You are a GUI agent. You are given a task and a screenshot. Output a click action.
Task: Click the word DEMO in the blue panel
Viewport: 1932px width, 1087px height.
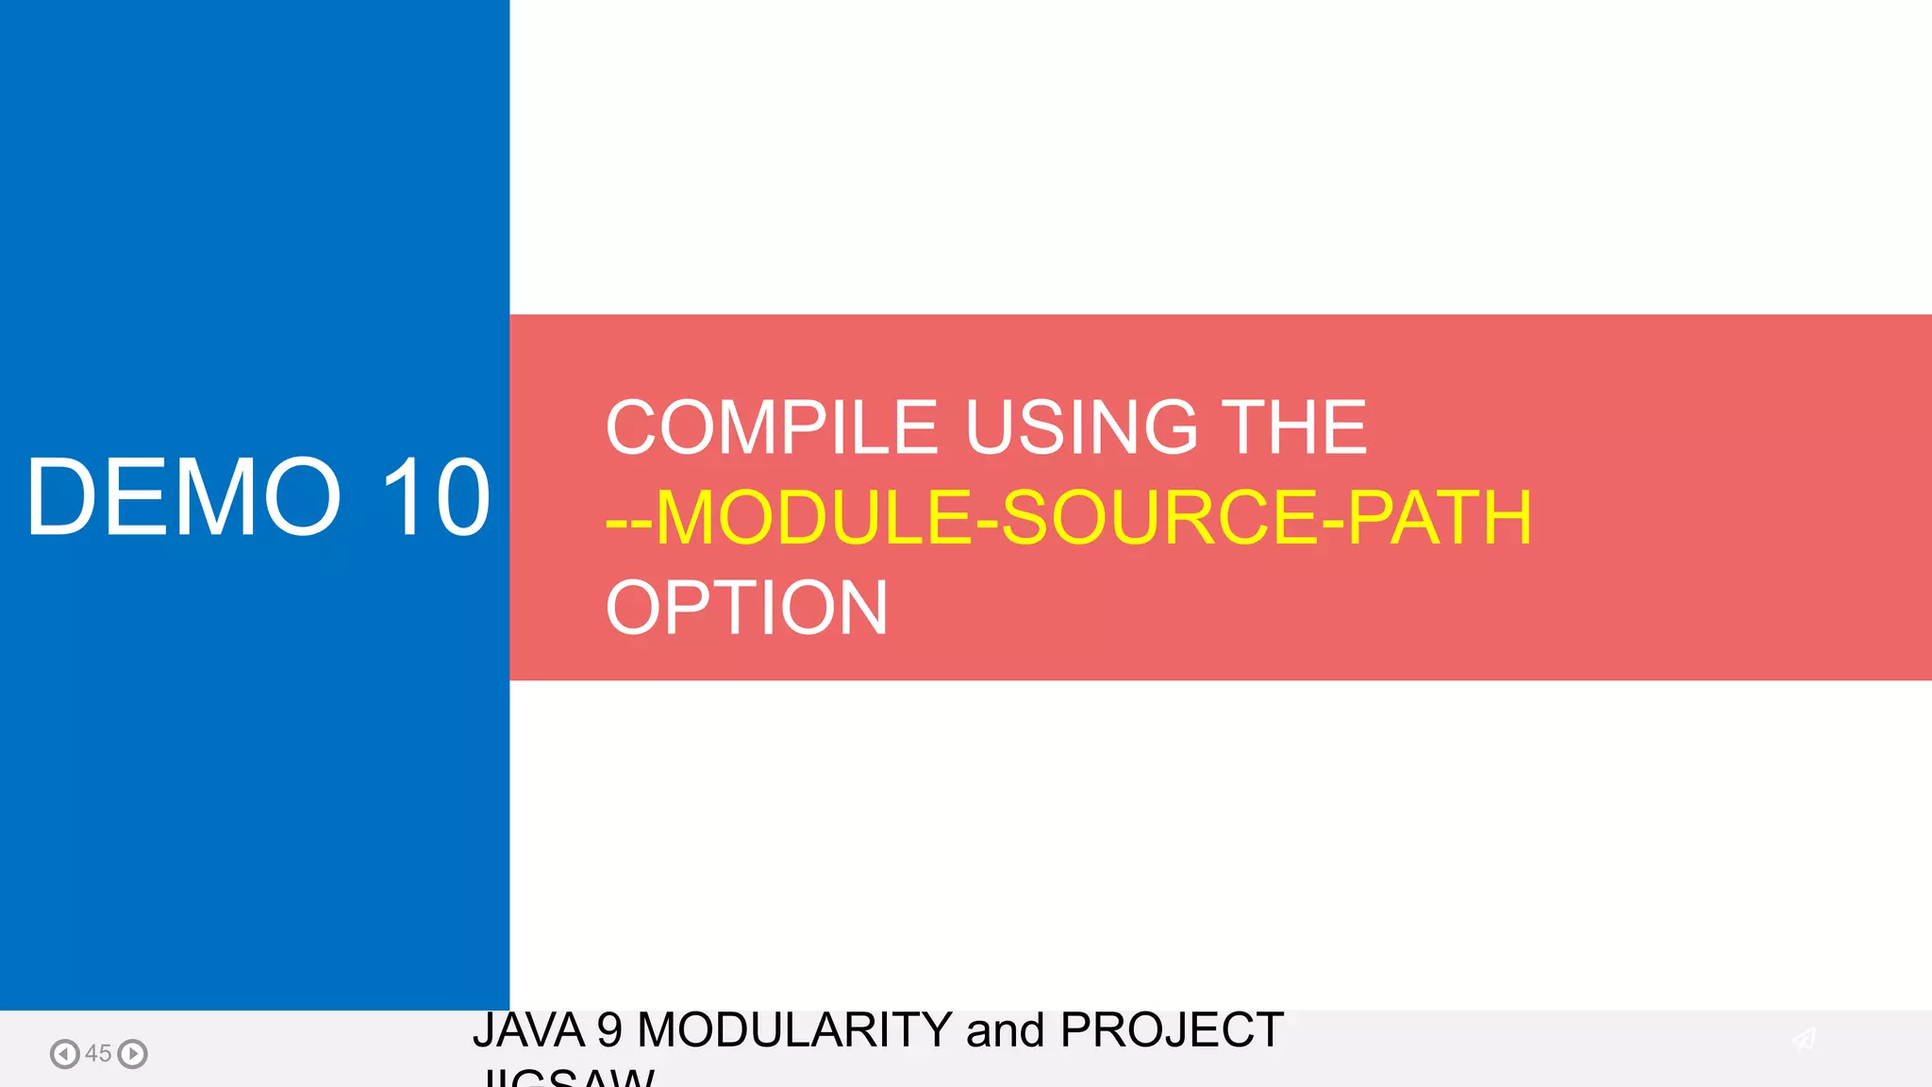(x=183, y=497)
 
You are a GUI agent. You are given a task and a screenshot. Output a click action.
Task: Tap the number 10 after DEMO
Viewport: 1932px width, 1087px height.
(x=435, y=497)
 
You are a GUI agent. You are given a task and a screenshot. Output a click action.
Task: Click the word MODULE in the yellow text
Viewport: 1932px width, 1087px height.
(x=812, y=517)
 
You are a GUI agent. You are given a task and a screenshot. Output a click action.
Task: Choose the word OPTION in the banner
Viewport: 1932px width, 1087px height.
(x=746, y=608)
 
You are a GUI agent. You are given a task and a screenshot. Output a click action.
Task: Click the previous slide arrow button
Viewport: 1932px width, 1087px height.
(x=64, y=1053)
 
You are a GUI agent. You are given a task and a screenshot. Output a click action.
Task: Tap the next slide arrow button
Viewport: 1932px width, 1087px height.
(x=133, y=1053)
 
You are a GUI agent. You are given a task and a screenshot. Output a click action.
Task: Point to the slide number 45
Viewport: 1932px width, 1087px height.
(x=98, y=1053)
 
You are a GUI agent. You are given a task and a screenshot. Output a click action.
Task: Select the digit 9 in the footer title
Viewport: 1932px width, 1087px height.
(x=609, y=1029)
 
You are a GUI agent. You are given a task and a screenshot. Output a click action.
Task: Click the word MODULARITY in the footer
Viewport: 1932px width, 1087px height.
(x=794, y=1029)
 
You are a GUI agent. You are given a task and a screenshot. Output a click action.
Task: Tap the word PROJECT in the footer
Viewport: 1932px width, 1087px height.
(x=1172, y=1029)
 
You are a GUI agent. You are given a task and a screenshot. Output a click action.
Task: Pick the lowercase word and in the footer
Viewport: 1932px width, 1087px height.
(x=1006, y=1029)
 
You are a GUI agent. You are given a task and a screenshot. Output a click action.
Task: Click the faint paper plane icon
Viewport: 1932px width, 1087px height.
(x=1804, y=1039)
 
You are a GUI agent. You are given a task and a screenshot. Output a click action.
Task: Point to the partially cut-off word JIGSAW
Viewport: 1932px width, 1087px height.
(x=566, y=1077)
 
